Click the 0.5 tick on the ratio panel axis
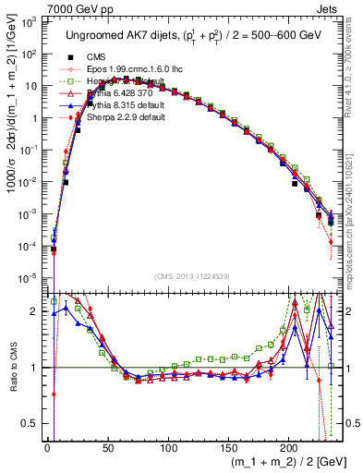point(31,423)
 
